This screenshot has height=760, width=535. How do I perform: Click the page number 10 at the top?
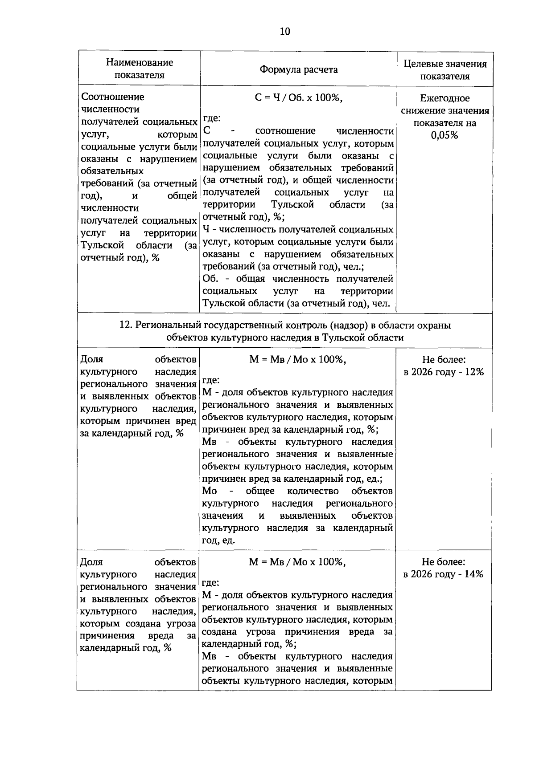pyautogui.click(x=285, y=31)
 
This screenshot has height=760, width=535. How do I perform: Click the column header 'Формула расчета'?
pyautogui.click(x=299, y=70)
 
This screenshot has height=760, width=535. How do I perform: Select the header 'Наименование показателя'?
pyautogui.click(x=140, y=69)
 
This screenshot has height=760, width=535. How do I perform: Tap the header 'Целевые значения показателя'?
pyautogui.click(x=445, y=70)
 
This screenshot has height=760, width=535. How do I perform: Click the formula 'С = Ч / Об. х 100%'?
pyautogui.click(x=298, y=98)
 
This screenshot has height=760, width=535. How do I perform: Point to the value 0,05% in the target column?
pyautogui.click(x=444, y=135)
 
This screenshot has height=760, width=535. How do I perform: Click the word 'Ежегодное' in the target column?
pyautogui.click(x=444, y=98)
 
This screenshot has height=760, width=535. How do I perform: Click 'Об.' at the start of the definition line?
pyautogui.click(x=210, y=279)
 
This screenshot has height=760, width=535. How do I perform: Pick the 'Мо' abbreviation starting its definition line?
pyautogui.click(x=210, y=491)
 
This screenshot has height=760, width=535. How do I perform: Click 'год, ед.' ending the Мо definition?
pyautogui.click(x=218, y=541)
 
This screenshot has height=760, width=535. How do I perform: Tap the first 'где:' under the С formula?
pyautogui.click(x=212, y=118)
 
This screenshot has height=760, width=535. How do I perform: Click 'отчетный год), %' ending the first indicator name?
pyautogui.click(x=120, y=258)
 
